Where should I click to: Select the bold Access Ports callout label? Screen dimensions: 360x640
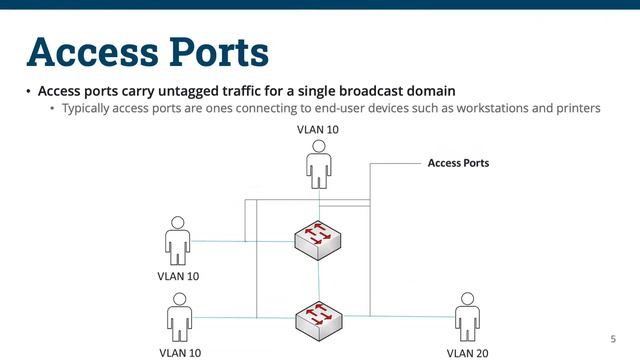point(458,162)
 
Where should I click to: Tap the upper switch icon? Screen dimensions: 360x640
point(318,239)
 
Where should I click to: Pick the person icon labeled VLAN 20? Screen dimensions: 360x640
point(466,317)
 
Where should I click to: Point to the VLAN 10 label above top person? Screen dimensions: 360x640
point(318,130)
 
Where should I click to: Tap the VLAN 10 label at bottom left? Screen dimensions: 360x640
point(180,352)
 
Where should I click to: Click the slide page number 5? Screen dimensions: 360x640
point(612,338)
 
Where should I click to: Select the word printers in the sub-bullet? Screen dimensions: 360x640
point(575,108)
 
